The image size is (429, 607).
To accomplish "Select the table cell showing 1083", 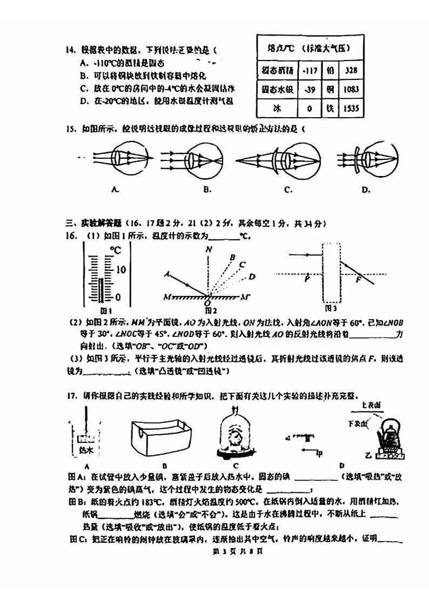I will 351,89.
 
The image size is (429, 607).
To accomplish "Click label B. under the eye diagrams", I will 207,190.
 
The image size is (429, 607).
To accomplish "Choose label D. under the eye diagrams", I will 366,190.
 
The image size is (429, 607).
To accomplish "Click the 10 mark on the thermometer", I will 120,269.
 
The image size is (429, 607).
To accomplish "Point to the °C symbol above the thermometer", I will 116,250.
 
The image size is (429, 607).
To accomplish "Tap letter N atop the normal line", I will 208,249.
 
